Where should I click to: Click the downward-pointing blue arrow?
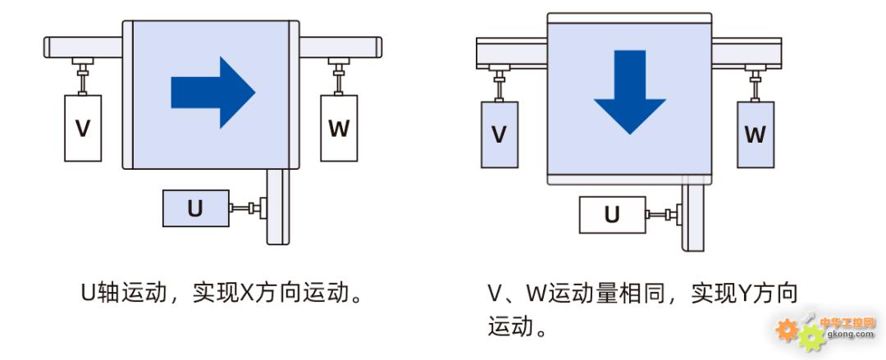tap(629, 91)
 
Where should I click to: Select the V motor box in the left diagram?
tap(83, 128)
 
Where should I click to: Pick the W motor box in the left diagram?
tap(338, 128)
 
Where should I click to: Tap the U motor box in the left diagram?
tap(194, 208)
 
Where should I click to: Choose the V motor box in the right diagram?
tap(499, 134)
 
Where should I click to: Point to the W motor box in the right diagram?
tap(755, 134)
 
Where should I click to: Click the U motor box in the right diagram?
tap(612, 216)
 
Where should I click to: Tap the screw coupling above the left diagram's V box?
tap(82, 75)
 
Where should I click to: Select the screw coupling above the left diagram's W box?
tap(338, 75)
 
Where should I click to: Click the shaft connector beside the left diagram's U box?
tap(248, 208)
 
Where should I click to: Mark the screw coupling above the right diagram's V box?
tap(499, 84)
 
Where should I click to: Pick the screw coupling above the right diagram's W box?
tap(755, 84)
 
